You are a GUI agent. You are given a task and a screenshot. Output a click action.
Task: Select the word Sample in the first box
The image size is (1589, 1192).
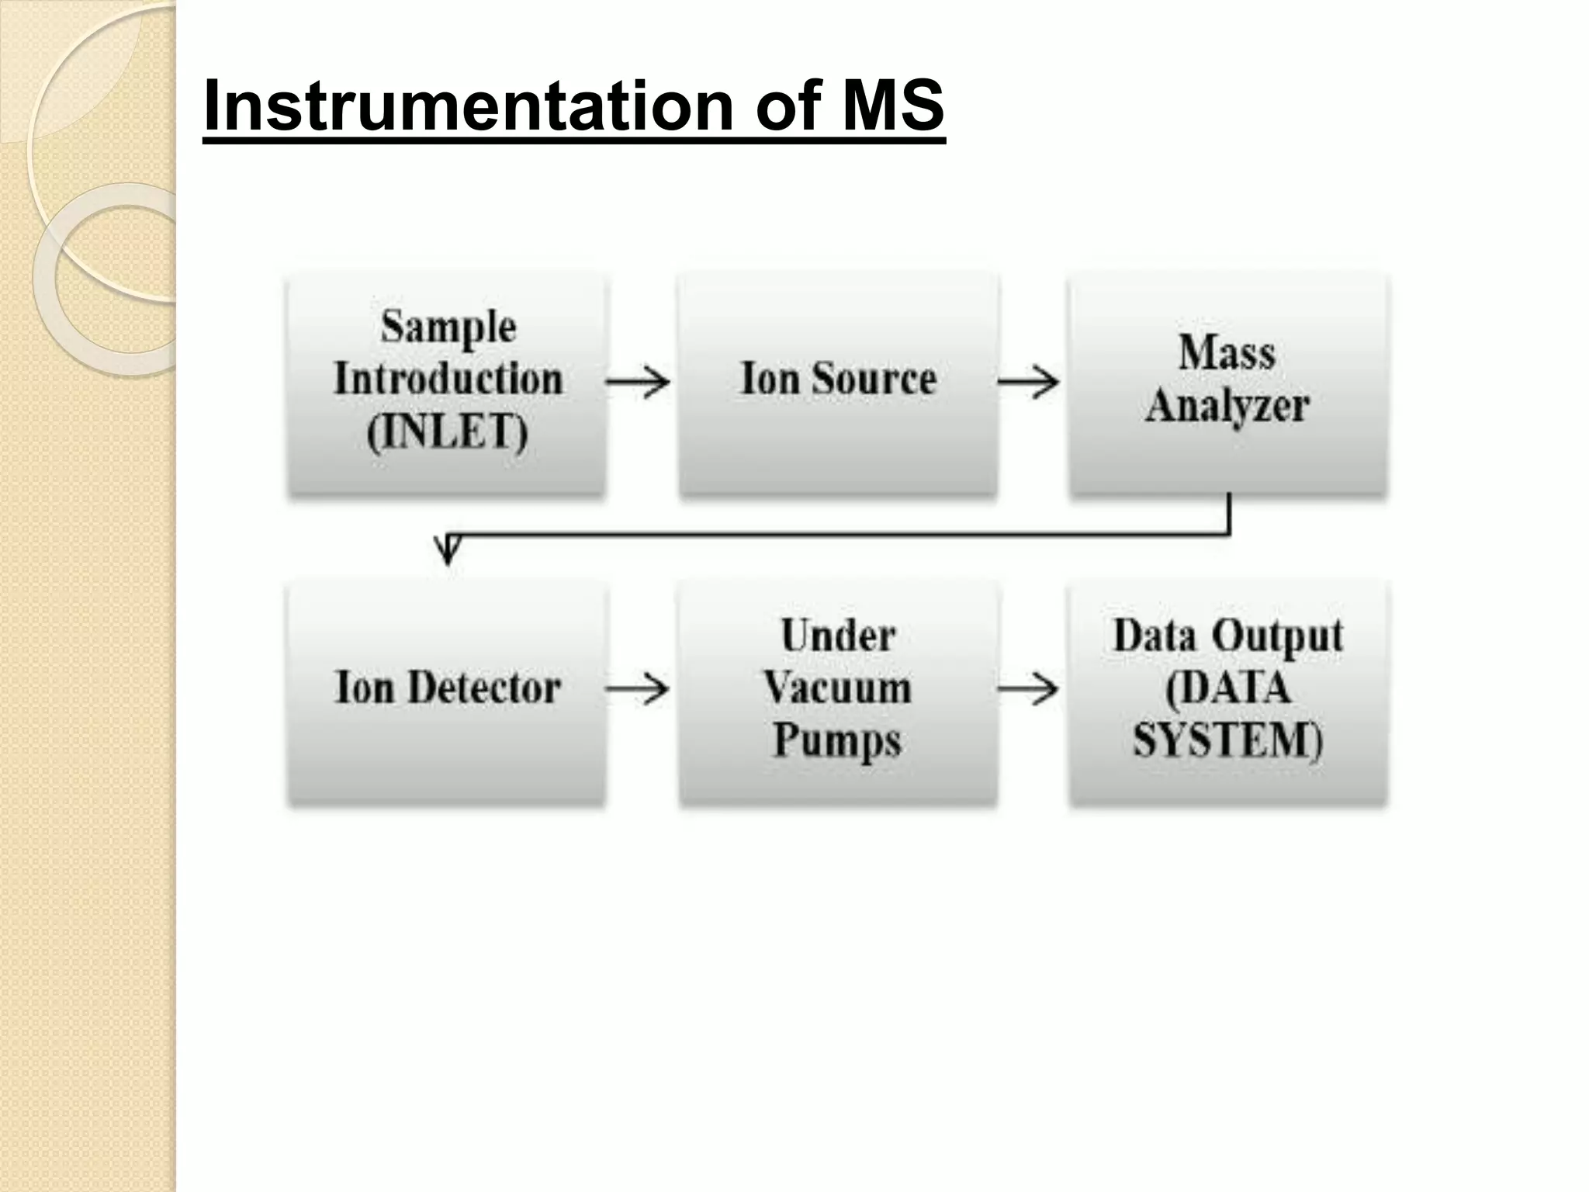click(448, 327)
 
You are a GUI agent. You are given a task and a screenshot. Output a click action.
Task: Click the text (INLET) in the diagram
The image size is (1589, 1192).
click(448, 432)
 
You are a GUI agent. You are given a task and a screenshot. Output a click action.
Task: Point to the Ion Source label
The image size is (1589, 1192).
click(838, 379)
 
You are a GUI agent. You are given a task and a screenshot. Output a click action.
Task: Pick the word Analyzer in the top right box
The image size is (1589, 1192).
click(1227, 406)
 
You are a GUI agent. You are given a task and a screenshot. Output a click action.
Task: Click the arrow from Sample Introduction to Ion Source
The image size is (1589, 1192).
click(638, 381)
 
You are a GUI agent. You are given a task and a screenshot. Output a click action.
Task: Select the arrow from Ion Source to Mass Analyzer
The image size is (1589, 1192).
click(1028, 381)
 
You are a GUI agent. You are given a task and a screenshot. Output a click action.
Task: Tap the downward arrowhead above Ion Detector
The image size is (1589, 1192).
click(448, 550)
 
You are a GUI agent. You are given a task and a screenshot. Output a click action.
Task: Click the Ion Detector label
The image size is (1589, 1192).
click(448, 688)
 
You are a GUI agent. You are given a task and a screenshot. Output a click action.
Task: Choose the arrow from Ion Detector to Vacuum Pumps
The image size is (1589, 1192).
click(638, 688)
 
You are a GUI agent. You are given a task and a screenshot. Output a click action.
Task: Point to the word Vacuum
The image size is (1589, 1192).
click(838, 688)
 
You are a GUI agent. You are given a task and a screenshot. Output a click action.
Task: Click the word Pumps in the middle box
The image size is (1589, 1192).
click(838, 740)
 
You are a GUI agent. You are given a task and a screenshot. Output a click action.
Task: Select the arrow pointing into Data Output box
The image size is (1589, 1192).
click(1028, 688)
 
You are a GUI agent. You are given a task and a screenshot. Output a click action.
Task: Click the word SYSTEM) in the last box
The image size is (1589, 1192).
click(1227, 740)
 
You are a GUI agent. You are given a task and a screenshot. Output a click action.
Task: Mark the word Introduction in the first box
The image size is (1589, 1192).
click(448, 379)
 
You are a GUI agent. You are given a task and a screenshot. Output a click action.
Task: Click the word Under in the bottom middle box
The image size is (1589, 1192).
click(838, 637)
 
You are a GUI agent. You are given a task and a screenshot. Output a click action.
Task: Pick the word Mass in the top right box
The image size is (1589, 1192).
click(1227, 353)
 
